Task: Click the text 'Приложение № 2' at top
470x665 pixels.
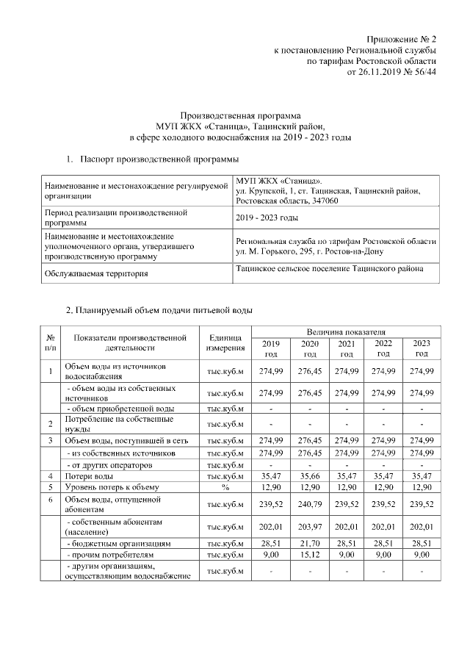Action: click(x=402, y=39)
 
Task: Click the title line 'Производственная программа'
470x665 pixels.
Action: click(x=241, y=115)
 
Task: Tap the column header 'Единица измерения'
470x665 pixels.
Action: click(x=225, y=342)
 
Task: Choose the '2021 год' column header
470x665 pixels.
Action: click(x=345, y=348)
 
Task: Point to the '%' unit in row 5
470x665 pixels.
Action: click(x=225, y=487)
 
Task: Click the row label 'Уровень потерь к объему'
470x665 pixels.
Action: click(x=111, y=487)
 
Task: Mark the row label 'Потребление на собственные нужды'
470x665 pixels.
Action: click(x=119, y=424)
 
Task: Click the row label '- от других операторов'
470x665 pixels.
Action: click(x=110, y=465)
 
